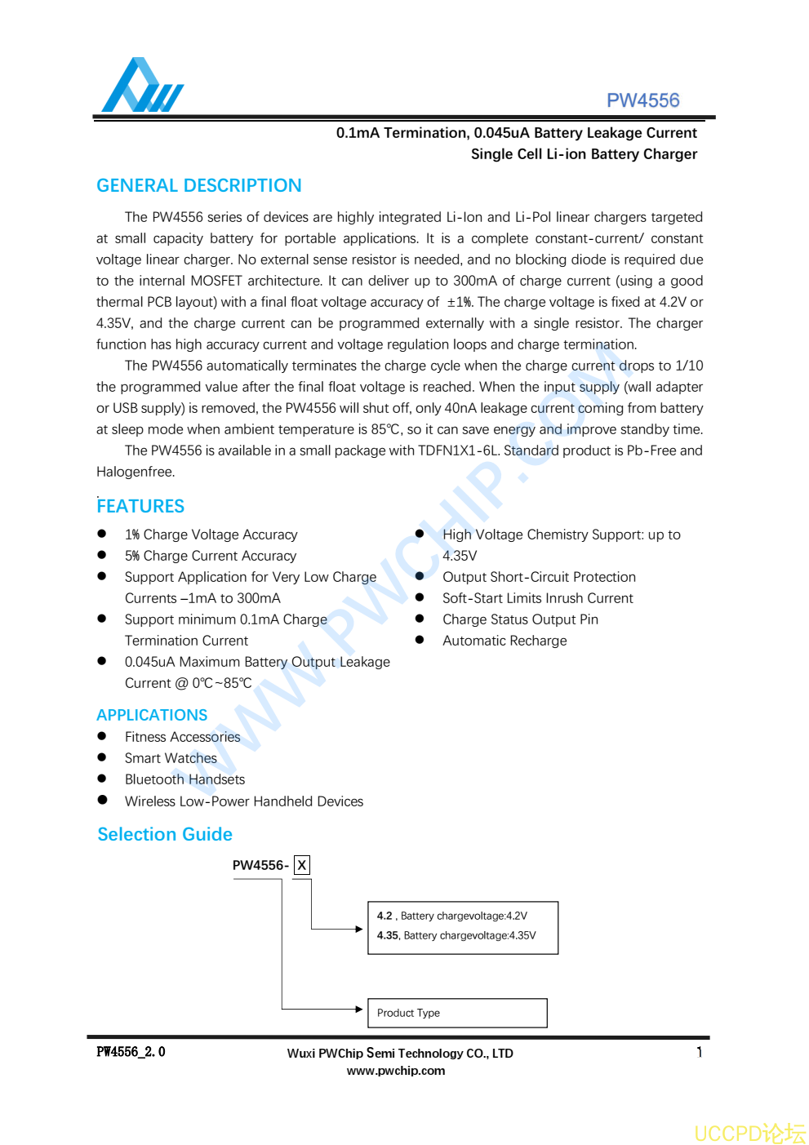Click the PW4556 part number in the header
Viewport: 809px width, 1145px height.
[642, 100]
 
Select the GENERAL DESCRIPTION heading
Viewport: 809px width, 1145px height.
[199, 185]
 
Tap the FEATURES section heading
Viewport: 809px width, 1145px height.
[140, 506]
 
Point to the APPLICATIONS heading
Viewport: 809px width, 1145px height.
[152, 715]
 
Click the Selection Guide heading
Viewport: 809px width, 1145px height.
[165, 834]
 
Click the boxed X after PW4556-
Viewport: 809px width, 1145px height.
[302, 865]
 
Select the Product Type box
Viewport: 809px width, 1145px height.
[457, 1013]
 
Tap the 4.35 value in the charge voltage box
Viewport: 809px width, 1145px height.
[388, 936]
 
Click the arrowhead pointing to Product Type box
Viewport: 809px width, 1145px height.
[358, 1010]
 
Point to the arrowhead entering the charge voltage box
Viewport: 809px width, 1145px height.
[358, 929]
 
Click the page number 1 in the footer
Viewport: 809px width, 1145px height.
[700, 1052]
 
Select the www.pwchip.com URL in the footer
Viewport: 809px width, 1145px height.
[396, 1071]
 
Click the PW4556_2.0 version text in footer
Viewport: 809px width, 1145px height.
[131, 1052]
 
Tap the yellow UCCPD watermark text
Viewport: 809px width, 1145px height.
[749, 1134]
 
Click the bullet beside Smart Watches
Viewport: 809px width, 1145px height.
[102, 757]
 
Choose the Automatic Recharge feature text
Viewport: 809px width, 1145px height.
[505, 641]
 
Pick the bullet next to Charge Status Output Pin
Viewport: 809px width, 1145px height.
[420, 619]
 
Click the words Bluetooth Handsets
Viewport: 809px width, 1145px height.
[184, 779]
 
